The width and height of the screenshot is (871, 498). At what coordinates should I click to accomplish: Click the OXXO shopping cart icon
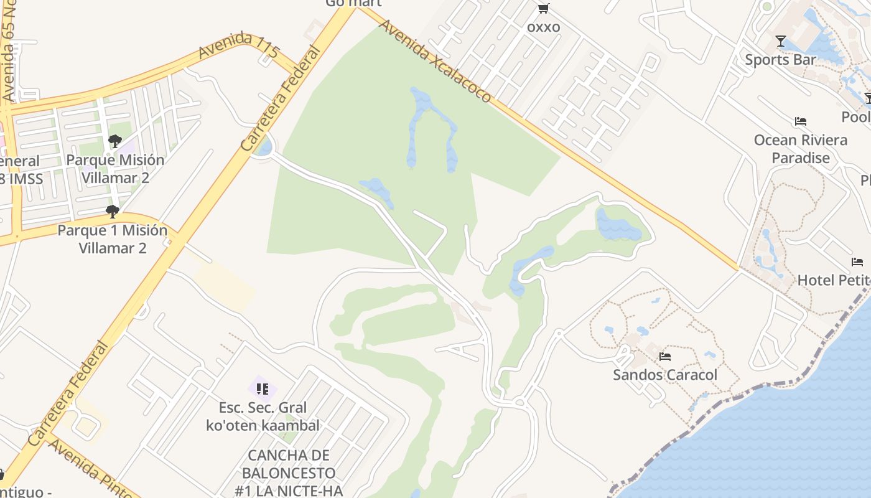(x=543, y=8)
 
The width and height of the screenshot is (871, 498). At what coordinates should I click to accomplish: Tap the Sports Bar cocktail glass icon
(x=780, y=41)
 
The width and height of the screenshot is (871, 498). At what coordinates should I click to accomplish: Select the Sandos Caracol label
(x=665, y=375)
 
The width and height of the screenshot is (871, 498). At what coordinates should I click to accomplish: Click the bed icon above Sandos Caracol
(x=665, y=357)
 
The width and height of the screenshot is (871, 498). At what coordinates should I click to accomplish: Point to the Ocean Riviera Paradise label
(x=801, y=149)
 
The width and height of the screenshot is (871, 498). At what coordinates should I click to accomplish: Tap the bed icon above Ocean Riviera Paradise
(x=801, y=121)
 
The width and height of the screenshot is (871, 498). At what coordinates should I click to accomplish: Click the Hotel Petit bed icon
(x=857, y=262)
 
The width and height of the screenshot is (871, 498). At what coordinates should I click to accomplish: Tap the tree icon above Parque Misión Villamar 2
(x=115, y=141)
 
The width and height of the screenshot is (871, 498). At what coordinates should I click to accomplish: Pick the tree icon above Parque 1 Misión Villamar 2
(x=113, y=212)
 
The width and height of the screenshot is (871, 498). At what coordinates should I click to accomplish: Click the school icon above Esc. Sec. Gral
(x=263, y=389)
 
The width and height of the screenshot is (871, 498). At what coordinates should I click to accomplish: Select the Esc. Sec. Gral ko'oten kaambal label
(x=263, y=416)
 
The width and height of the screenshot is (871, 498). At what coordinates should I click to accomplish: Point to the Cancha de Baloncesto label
(x=289, y=473)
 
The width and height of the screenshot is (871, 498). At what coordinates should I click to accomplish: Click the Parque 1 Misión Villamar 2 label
(x=113, y=239)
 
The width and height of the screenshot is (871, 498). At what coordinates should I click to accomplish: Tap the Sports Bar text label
(x=780, y=60)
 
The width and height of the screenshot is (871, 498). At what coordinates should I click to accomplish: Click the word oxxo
(x=543, y=27)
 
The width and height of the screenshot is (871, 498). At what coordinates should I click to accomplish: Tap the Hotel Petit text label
(x=834, y=280)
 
